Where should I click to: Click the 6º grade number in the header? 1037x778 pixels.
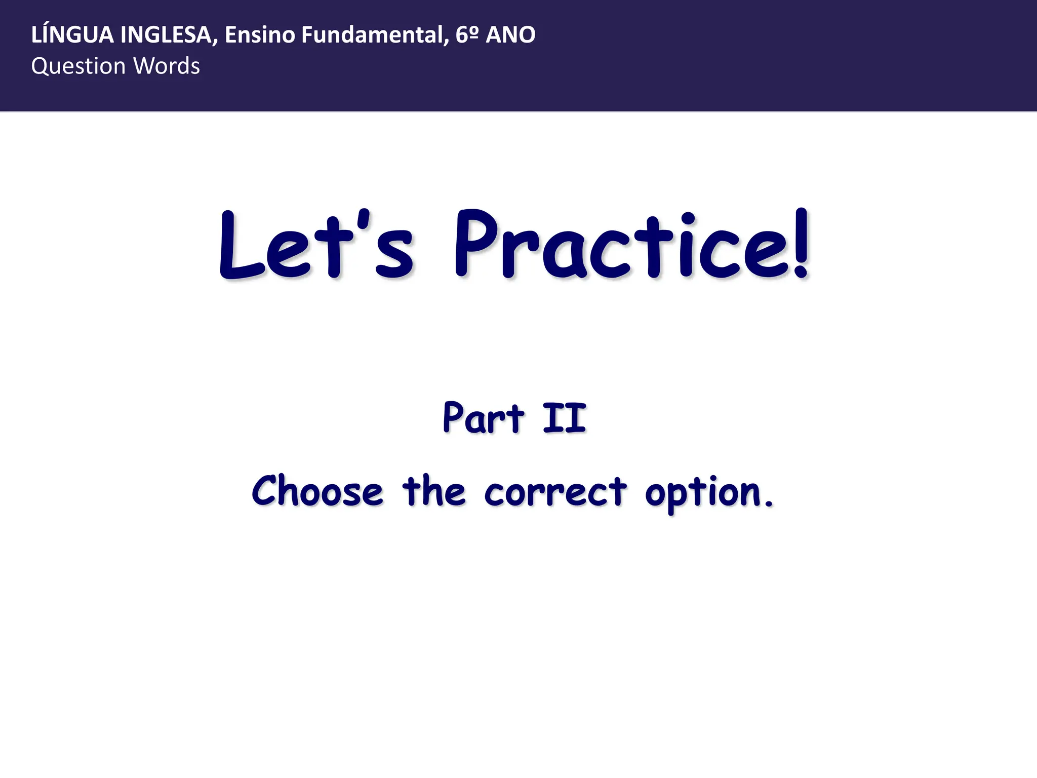[x=467, y=35]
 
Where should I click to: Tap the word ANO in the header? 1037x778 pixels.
[x=510, y=35]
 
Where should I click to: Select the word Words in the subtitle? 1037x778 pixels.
[x=167, y=66]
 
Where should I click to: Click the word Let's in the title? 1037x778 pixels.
[x=316, y=246]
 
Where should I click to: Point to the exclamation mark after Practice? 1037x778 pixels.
[x=801, y=243]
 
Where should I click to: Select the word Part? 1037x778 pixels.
[x=484, y=418]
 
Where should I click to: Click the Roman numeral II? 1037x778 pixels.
[x=565, y=418]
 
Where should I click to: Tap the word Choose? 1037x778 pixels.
[x=317, y=491]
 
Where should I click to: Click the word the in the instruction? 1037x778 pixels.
[x=433, y=491]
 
